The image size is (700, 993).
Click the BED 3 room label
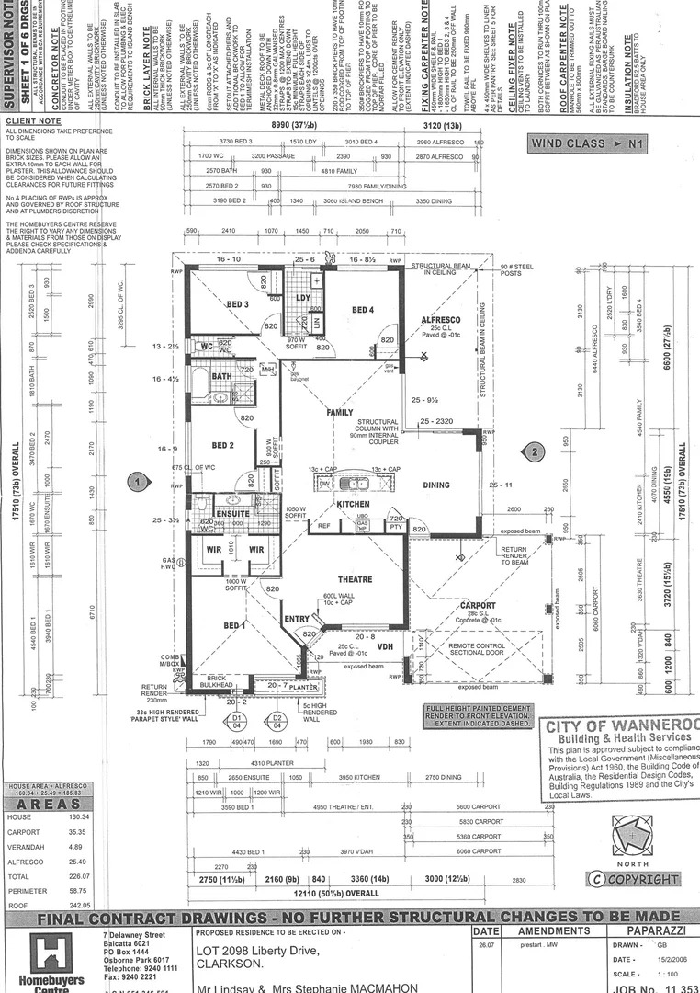238,304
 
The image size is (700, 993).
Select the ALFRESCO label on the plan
440,319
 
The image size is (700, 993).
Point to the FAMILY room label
340,413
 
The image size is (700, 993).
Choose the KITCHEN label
353,504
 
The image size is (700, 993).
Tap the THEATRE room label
355,579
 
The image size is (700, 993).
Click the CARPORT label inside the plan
478,606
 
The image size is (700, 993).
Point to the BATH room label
222,376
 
